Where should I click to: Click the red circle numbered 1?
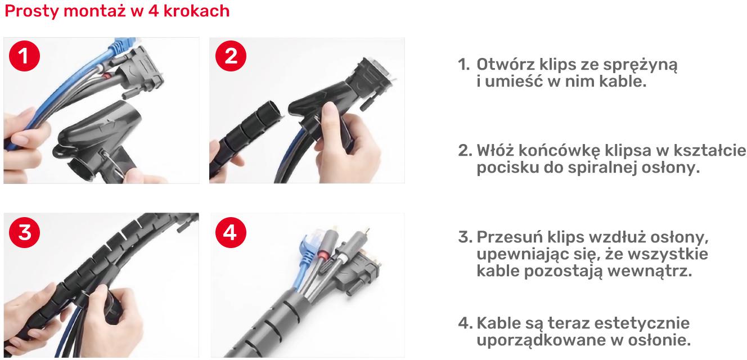click(24, 56)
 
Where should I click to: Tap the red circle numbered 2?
click(231, 56)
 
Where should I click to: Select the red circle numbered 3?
click(24, 232)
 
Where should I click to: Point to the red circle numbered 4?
click(231, 232)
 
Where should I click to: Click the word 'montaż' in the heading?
click(94, 11)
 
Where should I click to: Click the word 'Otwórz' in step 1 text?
click(506, 64)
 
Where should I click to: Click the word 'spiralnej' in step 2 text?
click(603, 167)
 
